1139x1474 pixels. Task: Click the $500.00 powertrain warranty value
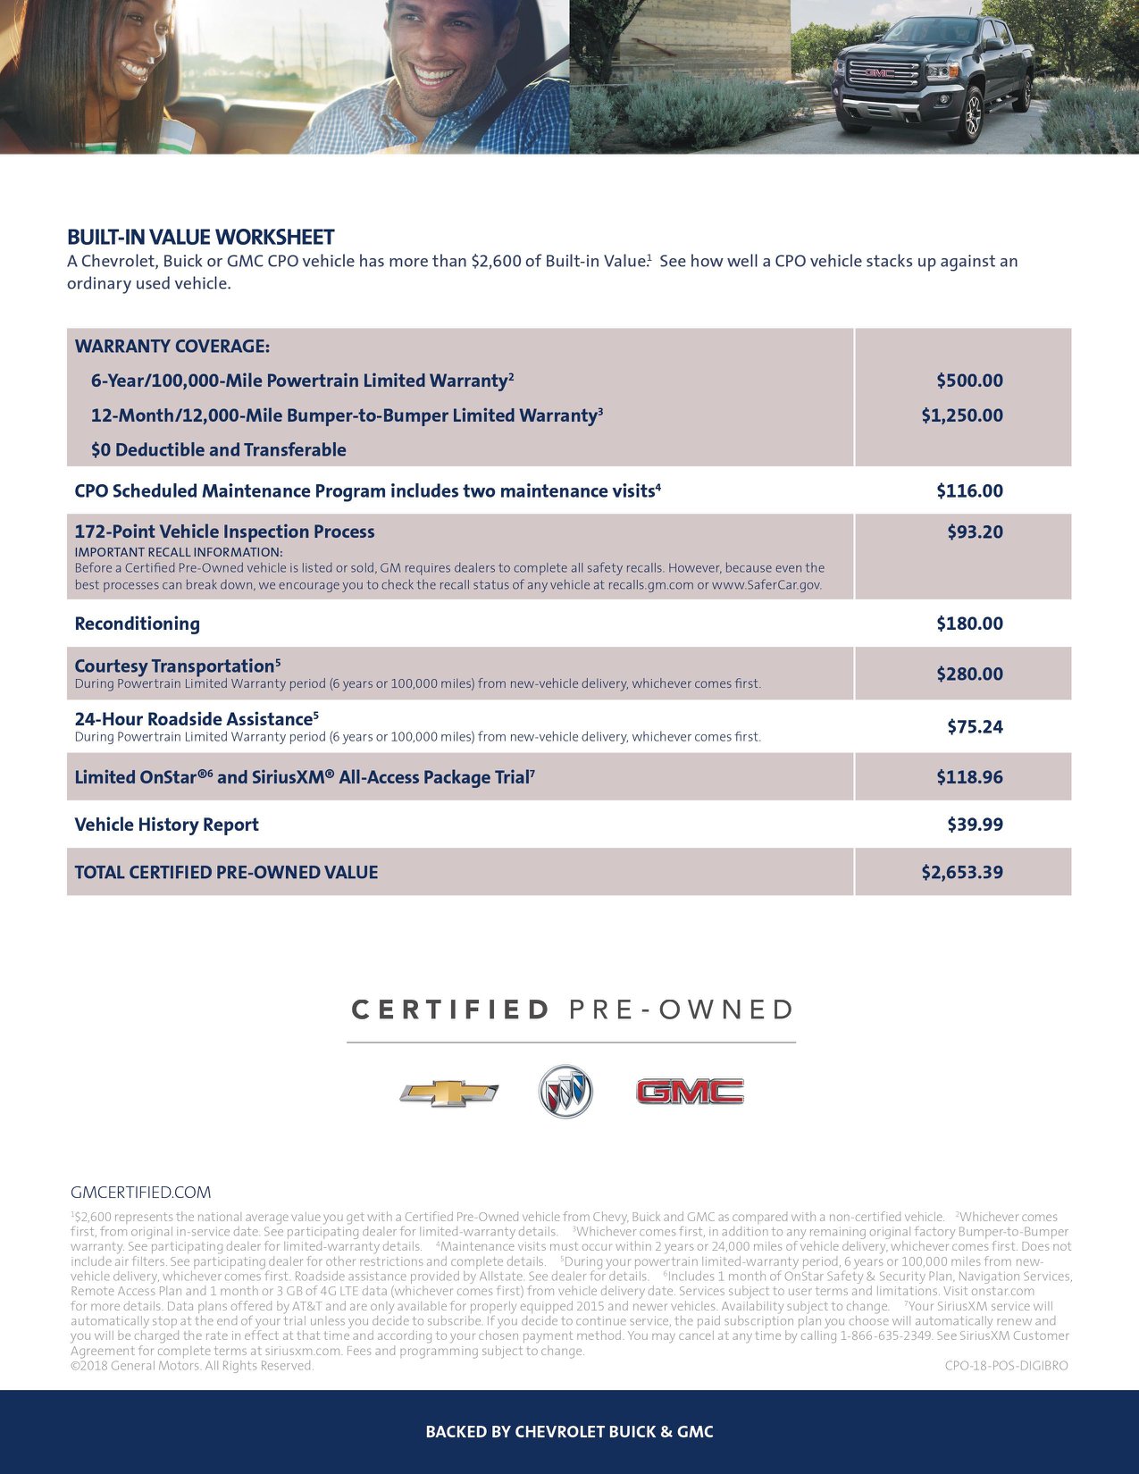(x=969, y=381)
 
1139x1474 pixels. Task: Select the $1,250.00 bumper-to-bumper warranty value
(x=962, y=415)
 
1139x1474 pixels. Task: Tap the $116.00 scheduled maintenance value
(x=969, y=490)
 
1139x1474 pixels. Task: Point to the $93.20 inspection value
(x=975, y=532)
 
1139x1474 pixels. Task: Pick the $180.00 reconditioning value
(x=969, y=624)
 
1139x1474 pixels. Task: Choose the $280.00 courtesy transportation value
(x=969, y=674)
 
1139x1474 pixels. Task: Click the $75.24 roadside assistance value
(x=975, y=727)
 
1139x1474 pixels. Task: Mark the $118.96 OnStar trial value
(x=969, y=777)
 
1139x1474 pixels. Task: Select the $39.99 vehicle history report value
(x=975, y=825)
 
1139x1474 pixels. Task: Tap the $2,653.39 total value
(x=962, y=872)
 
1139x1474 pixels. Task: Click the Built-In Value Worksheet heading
(x=200, y=238)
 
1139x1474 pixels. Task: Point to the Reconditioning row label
(x=137, y=624)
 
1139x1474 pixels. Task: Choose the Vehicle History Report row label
(x=166, y=825)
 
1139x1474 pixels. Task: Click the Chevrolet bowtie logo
(x=448, y=1093)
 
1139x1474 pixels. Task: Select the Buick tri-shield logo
(x=565, y=1092)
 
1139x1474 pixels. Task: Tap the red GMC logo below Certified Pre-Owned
(x=689, y=1092)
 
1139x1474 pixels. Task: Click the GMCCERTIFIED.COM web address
(x=141, y=1193)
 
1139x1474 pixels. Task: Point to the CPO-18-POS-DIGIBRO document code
(x=1006, y=1366)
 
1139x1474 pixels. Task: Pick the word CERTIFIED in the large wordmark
(x=450, y=1010)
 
